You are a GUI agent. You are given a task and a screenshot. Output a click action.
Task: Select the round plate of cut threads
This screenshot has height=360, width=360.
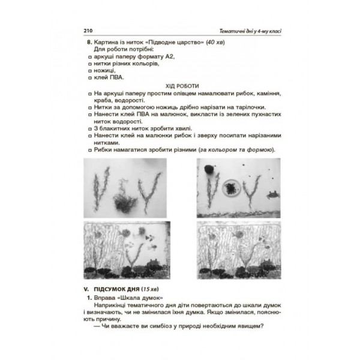(229, 188)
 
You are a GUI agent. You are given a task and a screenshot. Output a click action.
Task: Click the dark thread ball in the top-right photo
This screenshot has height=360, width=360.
(209, 169)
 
